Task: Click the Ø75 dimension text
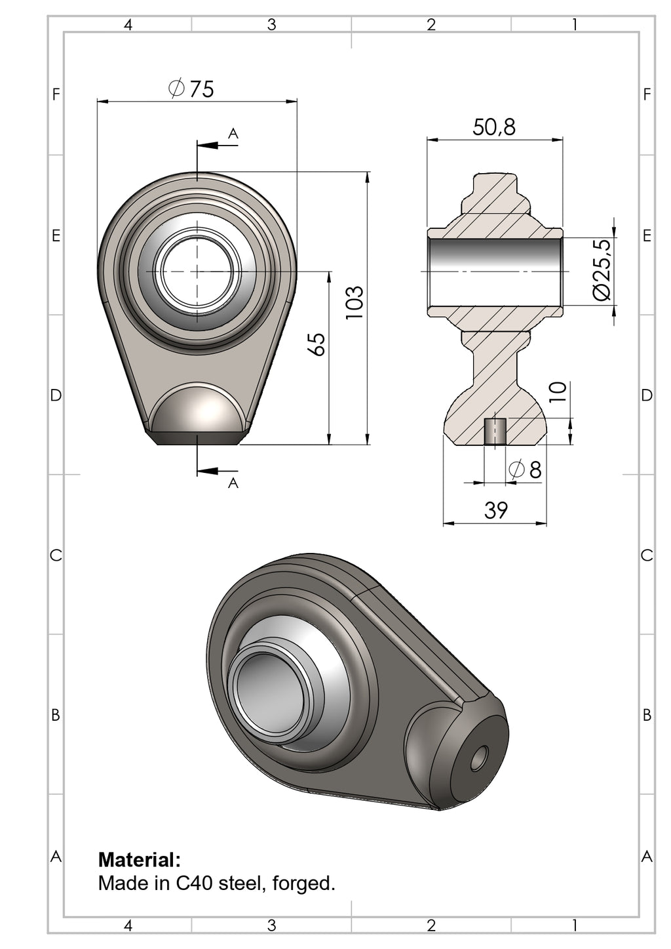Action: pos(191,89)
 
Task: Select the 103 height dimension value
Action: pos(354,302)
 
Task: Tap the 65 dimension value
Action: pos(316,344)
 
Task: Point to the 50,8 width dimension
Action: pos(494,127)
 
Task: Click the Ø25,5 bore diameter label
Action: pos(601,270)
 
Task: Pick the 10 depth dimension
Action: pos(557,392)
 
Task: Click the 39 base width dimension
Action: pos(495,510)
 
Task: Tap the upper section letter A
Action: pos(233,134)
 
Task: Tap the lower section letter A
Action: pos(233,483)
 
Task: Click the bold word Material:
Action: pos(139,859)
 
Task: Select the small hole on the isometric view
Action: pos(480,758)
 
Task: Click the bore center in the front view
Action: pos(197,270)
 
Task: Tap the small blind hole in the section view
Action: pos(495,432)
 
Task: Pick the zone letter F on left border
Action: pos(56,94)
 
